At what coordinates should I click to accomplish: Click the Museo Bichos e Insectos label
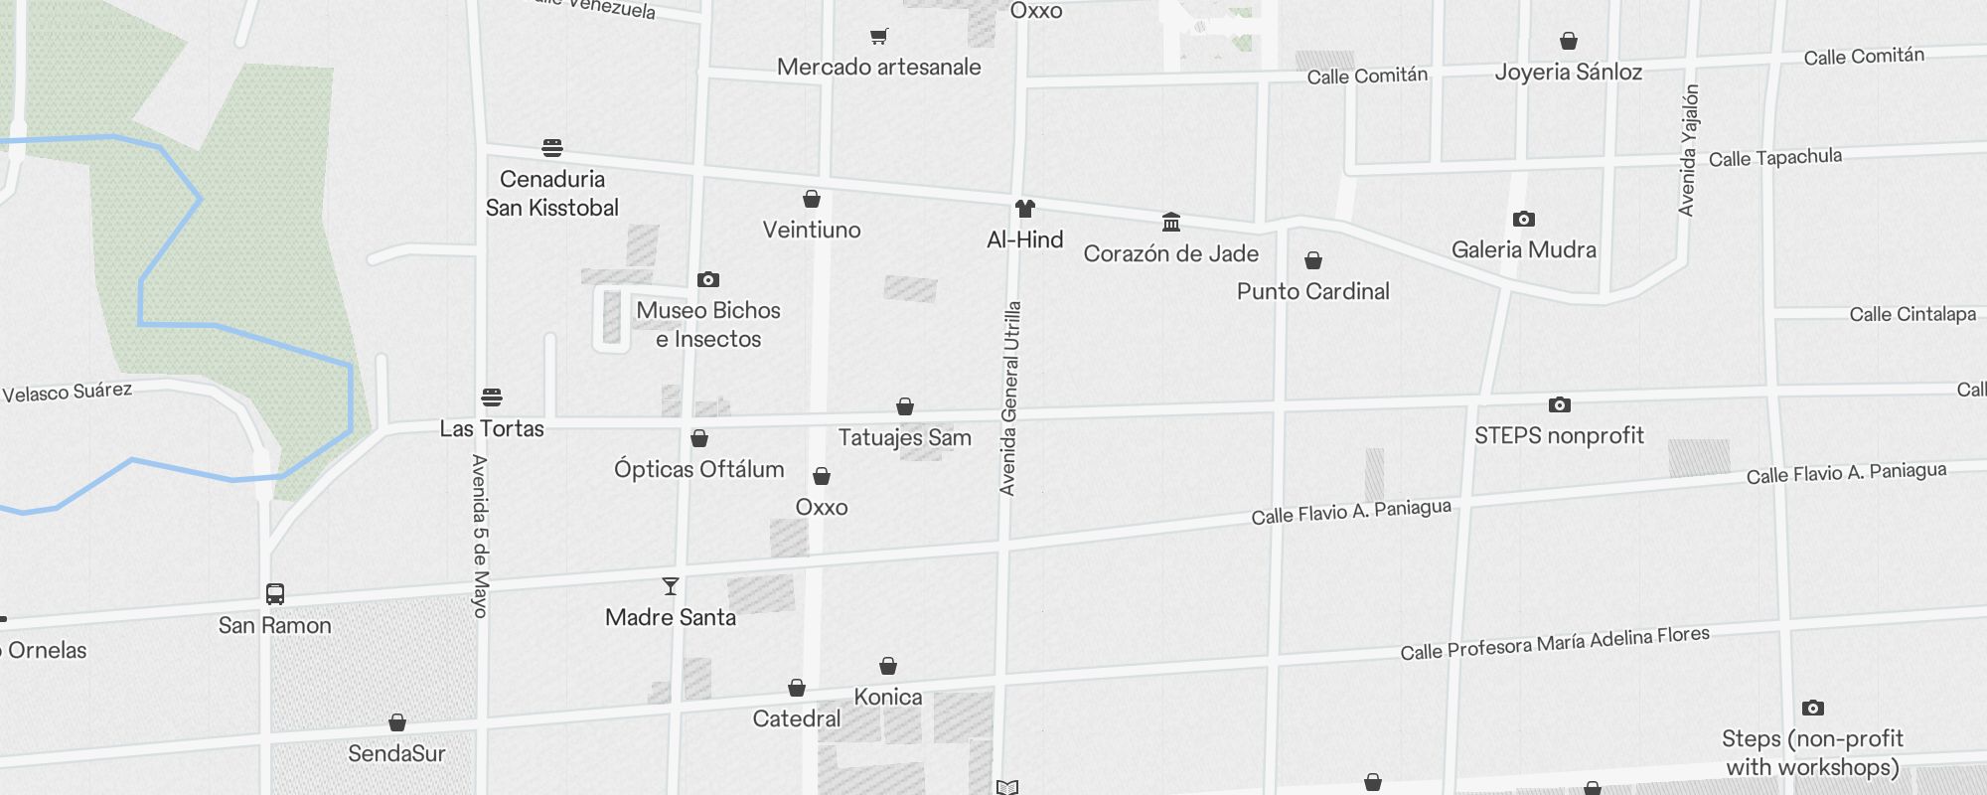708,325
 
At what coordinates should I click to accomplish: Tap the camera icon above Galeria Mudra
1524,219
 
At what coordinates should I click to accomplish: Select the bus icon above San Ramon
275,594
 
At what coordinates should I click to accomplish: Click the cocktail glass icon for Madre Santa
671,586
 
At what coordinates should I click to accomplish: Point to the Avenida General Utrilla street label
1009,397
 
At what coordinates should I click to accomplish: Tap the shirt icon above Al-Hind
1025,209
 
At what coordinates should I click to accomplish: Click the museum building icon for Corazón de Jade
1171,222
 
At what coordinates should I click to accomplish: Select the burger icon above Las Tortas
492,397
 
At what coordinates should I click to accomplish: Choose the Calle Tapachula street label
1774,158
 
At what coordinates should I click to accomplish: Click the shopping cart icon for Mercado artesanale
878,37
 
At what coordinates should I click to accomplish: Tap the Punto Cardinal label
1312,291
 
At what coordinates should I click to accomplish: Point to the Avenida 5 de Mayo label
481,536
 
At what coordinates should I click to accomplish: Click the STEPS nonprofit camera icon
1560,404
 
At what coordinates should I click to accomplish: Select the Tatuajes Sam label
904,437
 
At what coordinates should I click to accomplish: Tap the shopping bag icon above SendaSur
397,722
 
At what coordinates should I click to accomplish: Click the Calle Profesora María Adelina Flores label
1555,643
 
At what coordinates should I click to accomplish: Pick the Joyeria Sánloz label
1568,72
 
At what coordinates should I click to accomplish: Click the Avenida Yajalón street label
1688,150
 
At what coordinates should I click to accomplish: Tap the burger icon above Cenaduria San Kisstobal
552,148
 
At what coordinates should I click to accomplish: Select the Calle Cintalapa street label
1911,314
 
